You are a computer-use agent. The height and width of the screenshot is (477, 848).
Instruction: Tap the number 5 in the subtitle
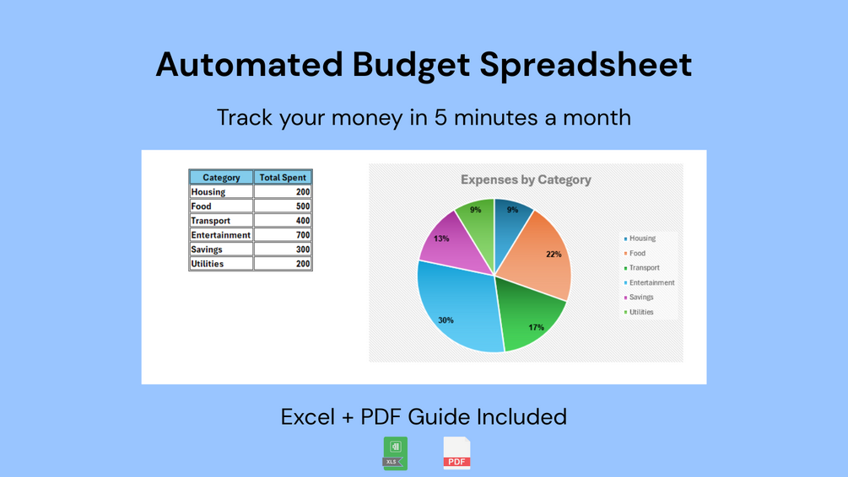pos(440,118)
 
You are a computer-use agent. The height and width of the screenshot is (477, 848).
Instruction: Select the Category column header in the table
pos(221,177)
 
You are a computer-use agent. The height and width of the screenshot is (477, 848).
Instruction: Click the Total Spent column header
pos(283,177)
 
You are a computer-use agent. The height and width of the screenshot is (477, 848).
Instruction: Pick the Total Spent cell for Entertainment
pos(283,235)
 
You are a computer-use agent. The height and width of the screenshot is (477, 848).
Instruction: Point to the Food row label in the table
pos(201,206)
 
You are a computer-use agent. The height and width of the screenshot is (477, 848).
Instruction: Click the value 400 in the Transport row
pos(303,221)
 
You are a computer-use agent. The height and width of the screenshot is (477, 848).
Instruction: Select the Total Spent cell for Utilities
pos(283,264)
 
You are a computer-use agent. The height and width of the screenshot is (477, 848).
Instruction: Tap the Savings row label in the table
pos(207,249)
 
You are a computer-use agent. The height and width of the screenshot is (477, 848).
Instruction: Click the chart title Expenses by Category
pos(526,180)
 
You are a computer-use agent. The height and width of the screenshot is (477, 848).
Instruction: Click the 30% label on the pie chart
pos(446,320)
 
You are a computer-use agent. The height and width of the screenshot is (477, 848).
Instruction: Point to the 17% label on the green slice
pos(536,327)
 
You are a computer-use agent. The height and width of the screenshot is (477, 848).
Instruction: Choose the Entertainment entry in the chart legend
pos(649,282)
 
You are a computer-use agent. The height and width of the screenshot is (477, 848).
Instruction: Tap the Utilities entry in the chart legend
pos(639,312)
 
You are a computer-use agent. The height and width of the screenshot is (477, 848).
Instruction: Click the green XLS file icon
pos(396,453)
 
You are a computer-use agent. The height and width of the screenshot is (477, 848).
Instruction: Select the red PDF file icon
pos(457,453)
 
